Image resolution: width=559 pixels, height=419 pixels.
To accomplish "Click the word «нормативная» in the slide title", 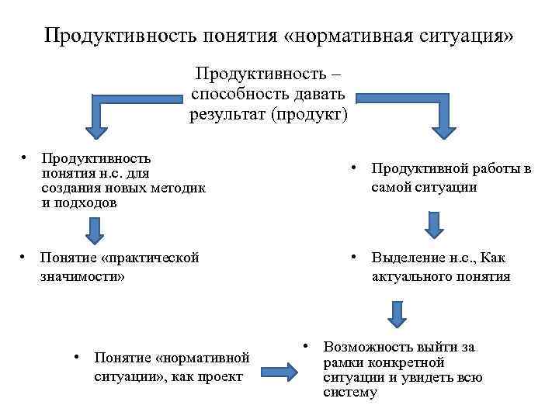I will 366,36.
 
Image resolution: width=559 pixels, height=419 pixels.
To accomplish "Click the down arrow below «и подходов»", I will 94,230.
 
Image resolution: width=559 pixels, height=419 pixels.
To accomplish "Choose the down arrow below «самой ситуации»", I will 435,223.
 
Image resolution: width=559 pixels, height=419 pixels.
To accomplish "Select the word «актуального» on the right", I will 411,276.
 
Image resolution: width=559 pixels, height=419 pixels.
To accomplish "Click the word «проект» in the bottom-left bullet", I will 222,376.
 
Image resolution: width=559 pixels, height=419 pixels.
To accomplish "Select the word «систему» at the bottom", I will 350,393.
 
